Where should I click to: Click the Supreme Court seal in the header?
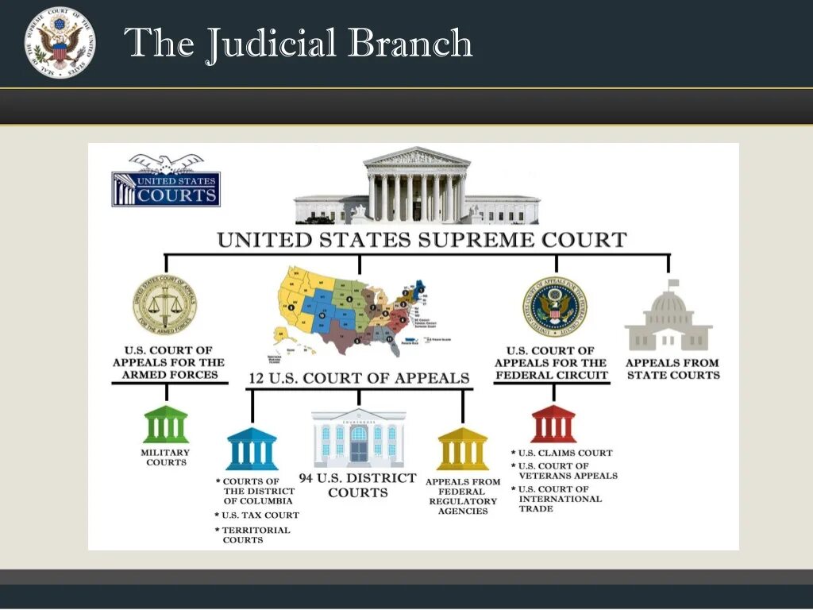click(x=60, y=42)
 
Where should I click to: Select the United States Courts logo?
click(x=166, y=181)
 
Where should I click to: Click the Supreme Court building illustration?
click(x=417, y=187)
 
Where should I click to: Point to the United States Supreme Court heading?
click(x=422, y=240)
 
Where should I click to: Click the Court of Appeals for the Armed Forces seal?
click(x=164, y=305)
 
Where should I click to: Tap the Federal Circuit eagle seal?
click(x=554, y=307)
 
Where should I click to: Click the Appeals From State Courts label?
click(x=673, y=369)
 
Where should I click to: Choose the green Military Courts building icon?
click(x=166, y=424)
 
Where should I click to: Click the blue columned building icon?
click(x=252, y=449)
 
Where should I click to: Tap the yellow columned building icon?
click(x=463, y=449)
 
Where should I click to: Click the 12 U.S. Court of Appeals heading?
click(x=360, y=378)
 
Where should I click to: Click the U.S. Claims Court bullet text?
click(x=565, y=453)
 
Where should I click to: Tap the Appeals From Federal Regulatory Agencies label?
click(x=463, y=496)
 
